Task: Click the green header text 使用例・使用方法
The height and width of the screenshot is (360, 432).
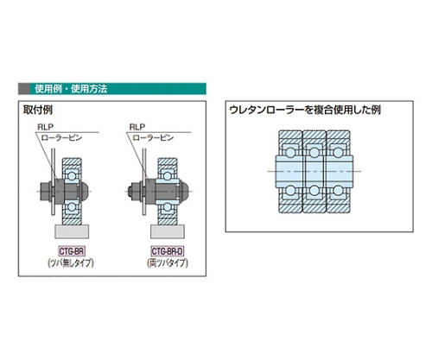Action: point(71,89)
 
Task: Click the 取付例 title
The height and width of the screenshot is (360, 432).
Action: point(38,110)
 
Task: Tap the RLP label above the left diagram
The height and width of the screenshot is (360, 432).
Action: point(46,127)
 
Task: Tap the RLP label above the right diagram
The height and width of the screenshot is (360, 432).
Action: point(137,127)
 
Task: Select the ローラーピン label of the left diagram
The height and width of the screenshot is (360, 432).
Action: point(62,137)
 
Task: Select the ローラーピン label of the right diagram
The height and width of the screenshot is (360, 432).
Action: point(153,137)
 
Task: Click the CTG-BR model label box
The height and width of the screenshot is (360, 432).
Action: point(72,251)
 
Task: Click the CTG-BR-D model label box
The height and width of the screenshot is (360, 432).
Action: point(167,251)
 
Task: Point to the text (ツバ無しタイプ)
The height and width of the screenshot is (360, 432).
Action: point(71,263)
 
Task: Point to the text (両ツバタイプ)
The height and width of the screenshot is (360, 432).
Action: point(168,263)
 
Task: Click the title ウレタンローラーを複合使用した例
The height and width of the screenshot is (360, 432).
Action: point(305,110)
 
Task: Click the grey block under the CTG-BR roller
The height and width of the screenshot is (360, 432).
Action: point(72,231)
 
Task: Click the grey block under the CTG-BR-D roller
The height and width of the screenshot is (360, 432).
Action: point(168,231)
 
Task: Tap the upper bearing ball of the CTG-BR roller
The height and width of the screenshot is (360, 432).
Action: point(72,175)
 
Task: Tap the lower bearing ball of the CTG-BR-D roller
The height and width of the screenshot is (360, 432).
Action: point(167,207)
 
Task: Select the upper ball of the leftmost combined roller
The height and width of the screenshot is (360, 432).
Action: point(290,153)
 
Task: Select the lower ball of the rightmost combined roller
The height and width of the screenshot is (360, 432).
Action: point(338,190)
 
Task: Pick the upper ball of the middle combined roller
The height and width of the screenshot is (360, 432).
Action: point(314,153)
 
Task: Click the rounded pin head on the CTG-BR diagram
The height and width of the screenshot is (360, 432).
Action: point(84,191)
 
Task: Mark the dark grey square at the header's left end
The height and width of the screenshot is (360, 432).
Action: point(24,89)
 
